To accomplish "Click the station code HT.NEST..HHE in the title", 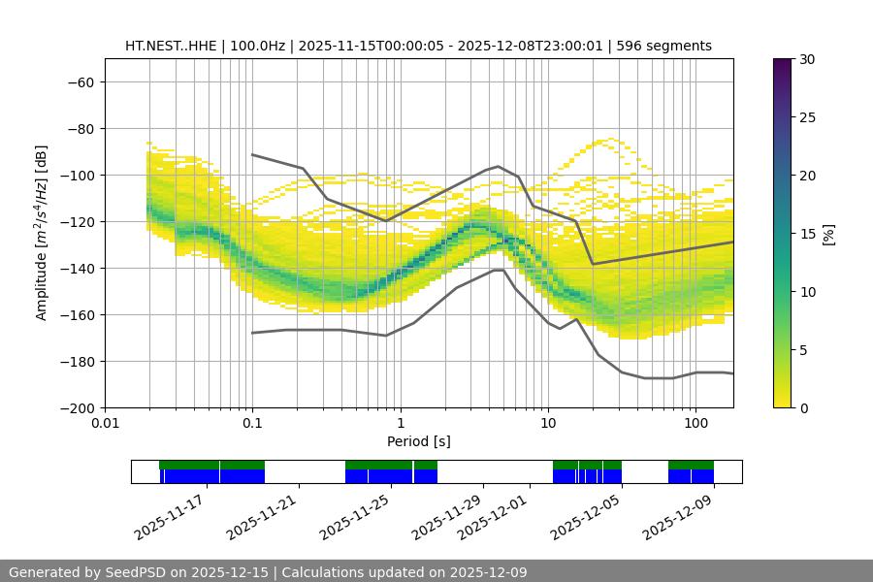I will (x=172, y=46).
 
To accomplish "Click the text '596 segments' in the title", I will (x=669, y=46).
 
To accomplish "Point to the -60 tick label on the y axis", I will (x=80, y=81).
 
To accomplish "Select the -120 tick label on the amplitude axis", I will (x=76, y=221).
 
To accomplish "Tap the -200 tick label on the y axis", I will (x=76, y=407).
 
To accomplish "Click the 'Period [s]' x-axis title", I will (x=419, y=441).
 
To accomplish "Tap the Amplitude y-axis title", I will (x=42, y=233).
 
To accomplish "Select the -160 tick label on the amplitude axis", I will (x=76, y=314).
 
